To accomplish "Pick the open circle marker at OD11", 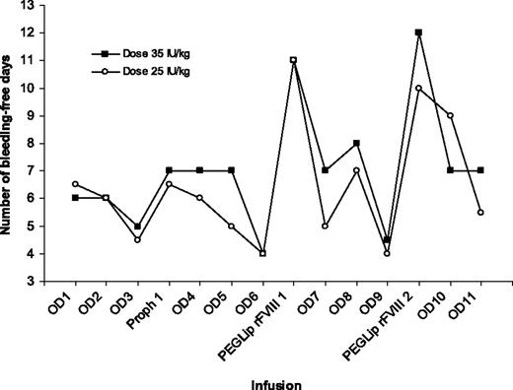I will pyautogui.click(x=480, y=213).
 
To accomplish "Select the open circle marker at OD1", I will pyautogui.click(x=76, y=184).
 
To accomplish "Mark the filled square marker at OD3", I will pyautogui.click(x=138, y=226).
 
